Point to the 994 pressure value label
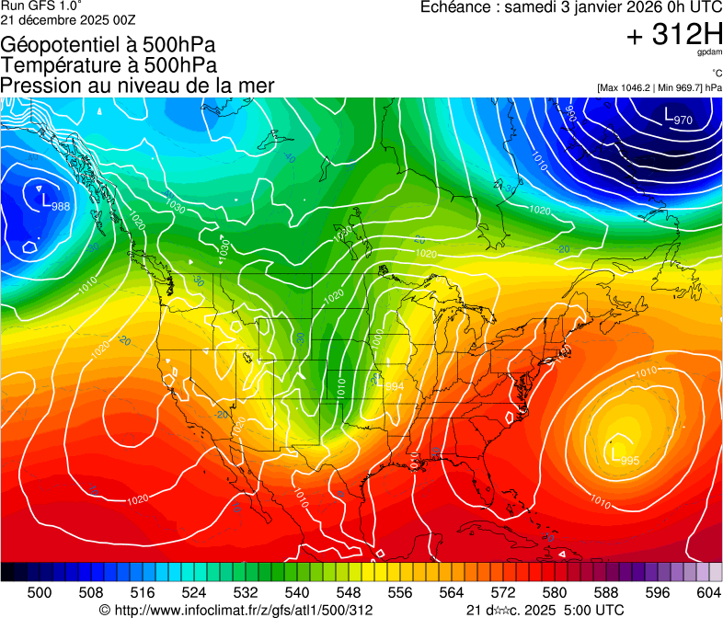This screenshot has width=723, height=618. (393, 385)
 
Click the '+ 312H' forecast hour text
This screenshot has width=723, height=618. (673, 35)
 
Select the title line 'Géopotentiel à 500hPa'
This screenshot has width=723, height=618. (109, 45)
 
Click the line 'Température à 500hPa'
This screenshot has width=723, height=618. (109, 65)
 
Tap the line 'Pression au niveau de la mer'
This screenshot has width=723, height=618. (137, 86)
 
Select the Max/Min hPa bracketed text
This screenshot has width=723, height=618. (660, 88)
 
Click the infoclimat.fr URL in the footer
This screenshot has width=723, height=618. (235, 610)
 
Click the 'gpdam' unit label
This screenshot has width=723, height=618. (710, 53)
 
